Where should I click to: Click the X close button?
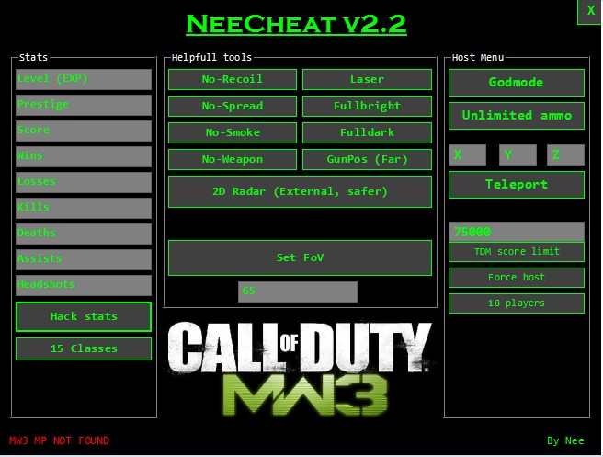click(590, 11)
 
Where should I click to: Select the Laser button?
click(367, 79)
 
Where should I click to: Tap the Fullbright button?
click(367, 106)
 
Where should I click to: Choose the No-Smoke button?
click(232, 132)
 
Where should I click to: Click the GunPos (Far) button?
click(367, 159)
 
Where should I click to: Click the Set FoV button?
click(300, 257)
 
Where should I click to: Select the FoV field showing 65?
click(297, 291)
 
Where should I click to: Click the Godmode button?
click(516, 83)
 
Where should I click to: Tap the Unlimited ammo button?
click(516, 116)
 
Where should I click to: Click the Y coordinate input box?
click(518, 154)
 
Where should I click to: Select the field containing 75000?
click(516, 232)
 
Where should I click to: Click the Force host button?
click(516, 277)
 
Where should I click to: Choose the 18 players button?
click(516, 303)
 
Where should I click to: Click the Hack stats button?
click(84, 316)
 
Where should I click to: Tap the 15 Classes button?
click(84, 348)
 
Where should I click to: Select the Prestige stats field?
click(84, 105)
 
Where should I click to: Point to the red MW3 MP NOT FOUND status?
click(59, 440)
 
